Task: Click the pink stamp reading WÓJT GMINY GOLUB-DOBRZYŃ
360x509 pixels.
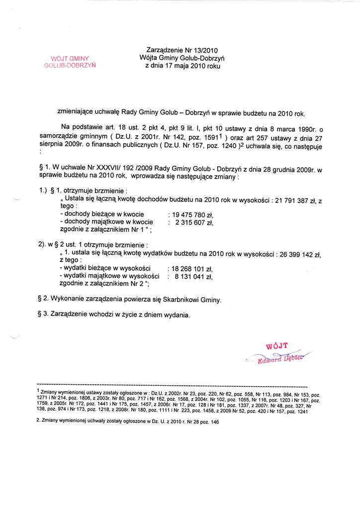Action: pyautogui.click(x=70, y=62)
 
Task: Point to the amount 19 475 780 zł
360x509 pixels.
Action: pyautogui.click(x=192, y=215)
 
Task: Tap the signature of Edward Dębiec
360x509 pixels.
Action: pyautogui.click(x=278, y=358)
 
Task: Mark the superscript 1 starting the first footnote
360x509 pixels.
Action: pyautogui.click(x=39, y=391)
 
